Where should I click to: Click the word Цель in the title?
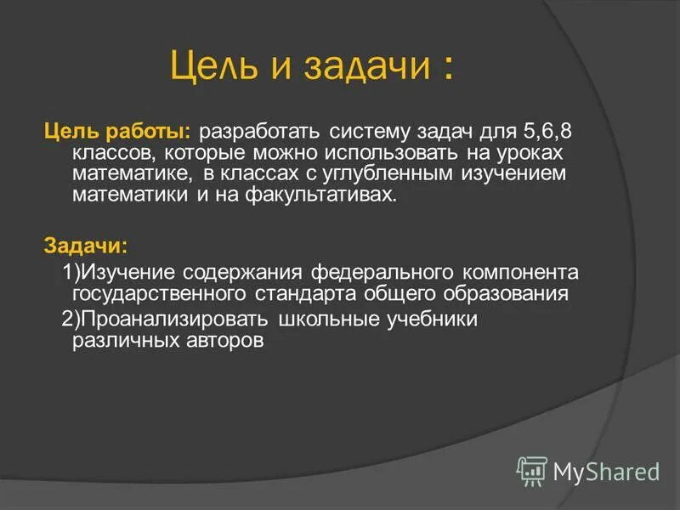point(212,66)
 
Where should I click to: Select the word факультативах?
point(328,195)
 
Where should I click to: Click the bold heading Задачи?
point(86,246)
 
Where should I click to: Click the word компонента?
point(520,274)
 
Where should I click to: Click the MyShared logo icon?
point(532,470)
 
